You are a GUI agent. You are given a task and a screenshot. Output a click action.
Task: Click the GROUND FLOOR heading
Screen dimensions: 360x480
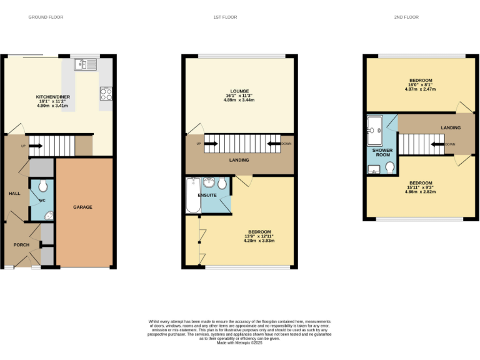coord(46,17)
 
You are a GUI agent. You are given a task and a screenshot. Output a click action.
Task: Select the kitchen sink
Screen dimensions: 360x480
coord(84,64)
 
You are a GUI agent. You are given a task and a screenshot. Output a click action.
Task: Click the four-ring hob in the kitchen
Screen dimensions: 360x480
coord(106,93)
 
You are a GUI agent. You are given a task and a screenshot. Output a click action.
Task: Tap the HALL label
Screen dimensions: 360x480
coord(14,194)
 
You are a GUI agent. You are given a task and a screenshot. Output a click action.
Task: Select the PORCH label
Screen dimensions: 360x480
coord(21,244)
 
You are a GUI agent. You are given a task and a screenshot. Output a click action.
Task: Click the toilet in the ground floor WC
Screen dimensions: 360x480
coord(42,187)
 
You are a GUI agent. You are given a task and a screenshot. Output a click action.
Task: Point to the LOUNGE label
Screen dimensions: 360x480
coord(239,91)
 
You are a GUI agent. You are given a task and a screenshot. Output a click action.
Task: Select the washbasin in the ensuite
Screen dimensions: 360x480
coord(209,184)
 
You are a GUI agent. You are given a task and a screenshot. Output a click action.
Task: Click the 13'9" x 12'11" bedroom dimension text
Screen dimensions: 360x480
coord(259,236)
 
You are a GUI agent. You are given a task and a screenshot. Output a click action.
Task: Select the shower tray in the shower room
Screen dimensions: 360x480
coord(375,130)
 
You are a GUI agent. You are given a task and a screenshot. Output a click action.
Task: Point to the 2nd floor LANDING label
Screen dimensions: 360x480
coord(451,127)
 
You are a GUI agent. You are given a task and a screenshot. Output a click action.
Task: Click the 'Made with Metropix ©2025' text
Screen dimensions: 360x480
coord(239,342)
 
